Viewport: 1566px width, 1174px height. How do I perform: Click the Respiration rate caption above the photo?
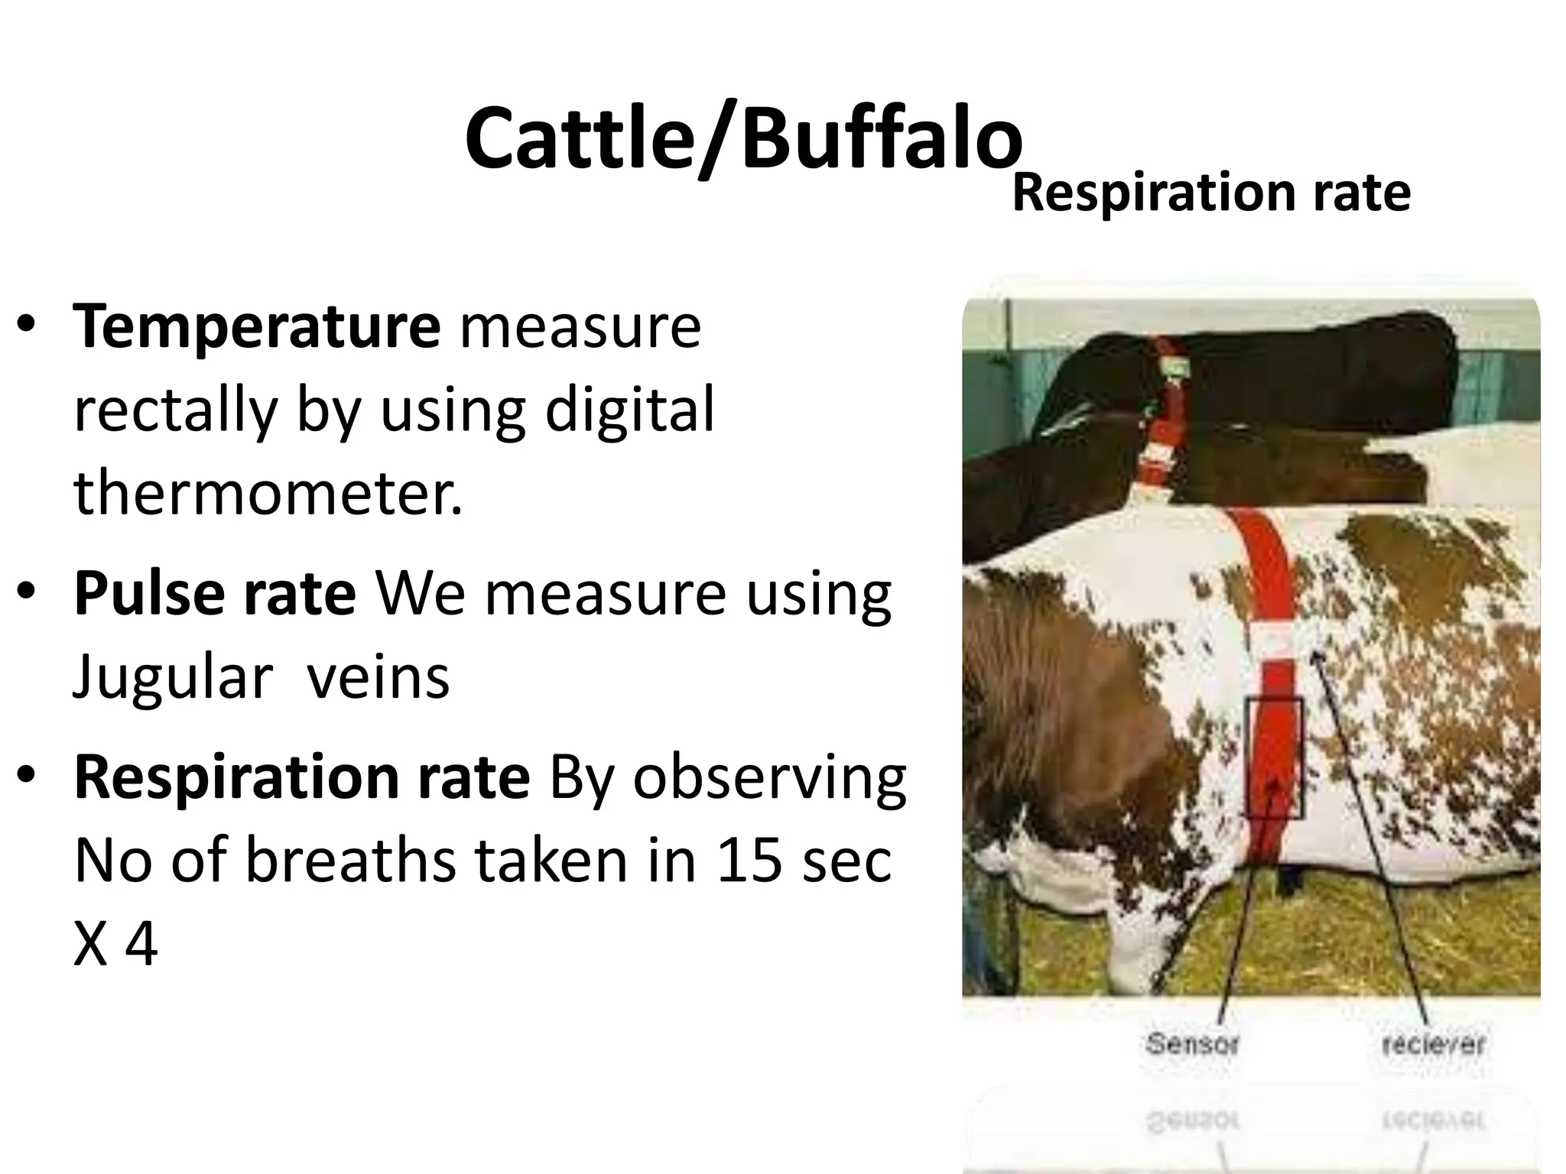coord(1211,193)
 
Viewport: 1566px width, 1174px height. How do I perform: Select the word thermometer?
coord(268,493)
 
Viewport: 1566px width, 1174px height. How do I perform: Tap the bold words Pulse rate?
coord(215,594)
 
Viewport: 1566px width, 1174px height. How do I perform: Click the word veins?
coord(378,678)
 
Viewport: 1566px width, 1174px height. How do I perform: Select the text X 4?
coord(115,945)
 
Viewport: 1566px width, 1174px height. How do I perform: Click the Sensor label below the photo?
coord(1191,1043)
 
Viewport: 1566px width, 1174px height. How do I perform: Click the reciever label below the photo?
coord(1433,1044)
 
